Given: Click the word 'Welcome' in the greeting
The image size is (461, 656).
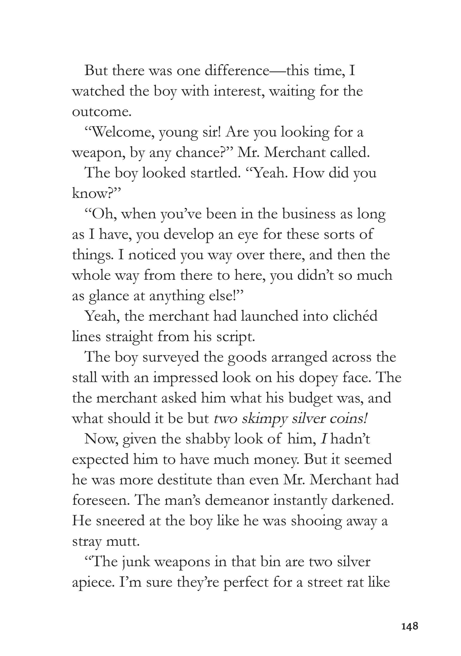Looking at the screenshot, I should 120,132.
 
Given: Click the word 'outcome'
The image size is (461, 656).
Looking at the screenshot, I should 101,112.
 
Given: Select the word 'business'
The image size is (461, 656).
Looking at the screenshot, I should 309,214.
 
